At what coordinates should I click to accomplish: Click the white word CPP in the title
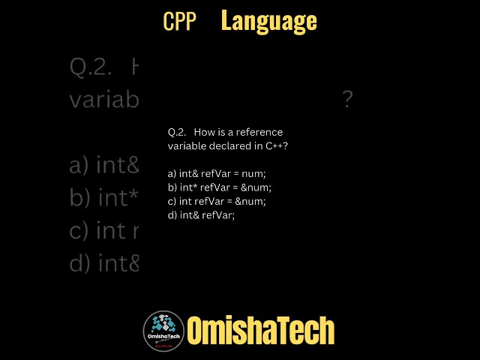point(179,22)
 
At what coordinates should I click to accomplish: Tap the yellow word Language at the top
point(268,22)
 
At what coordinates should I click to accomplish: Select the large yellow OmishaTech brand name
point(260,331)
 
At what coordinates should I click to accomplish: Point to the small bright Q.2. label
point(177,132)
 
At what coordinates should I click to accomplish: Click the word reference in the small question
point(259,132)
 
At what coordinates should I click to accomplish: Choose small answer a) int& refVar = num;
point(217,173)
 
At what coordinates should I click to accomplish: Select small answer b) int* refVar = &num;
point(220,187)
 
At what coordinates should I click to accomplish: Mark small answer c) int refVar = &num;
point(217,201)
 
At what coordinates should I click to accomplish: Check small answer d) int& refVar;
point(201,215)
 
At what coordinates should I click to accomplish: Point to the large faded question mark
point(347,100)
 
